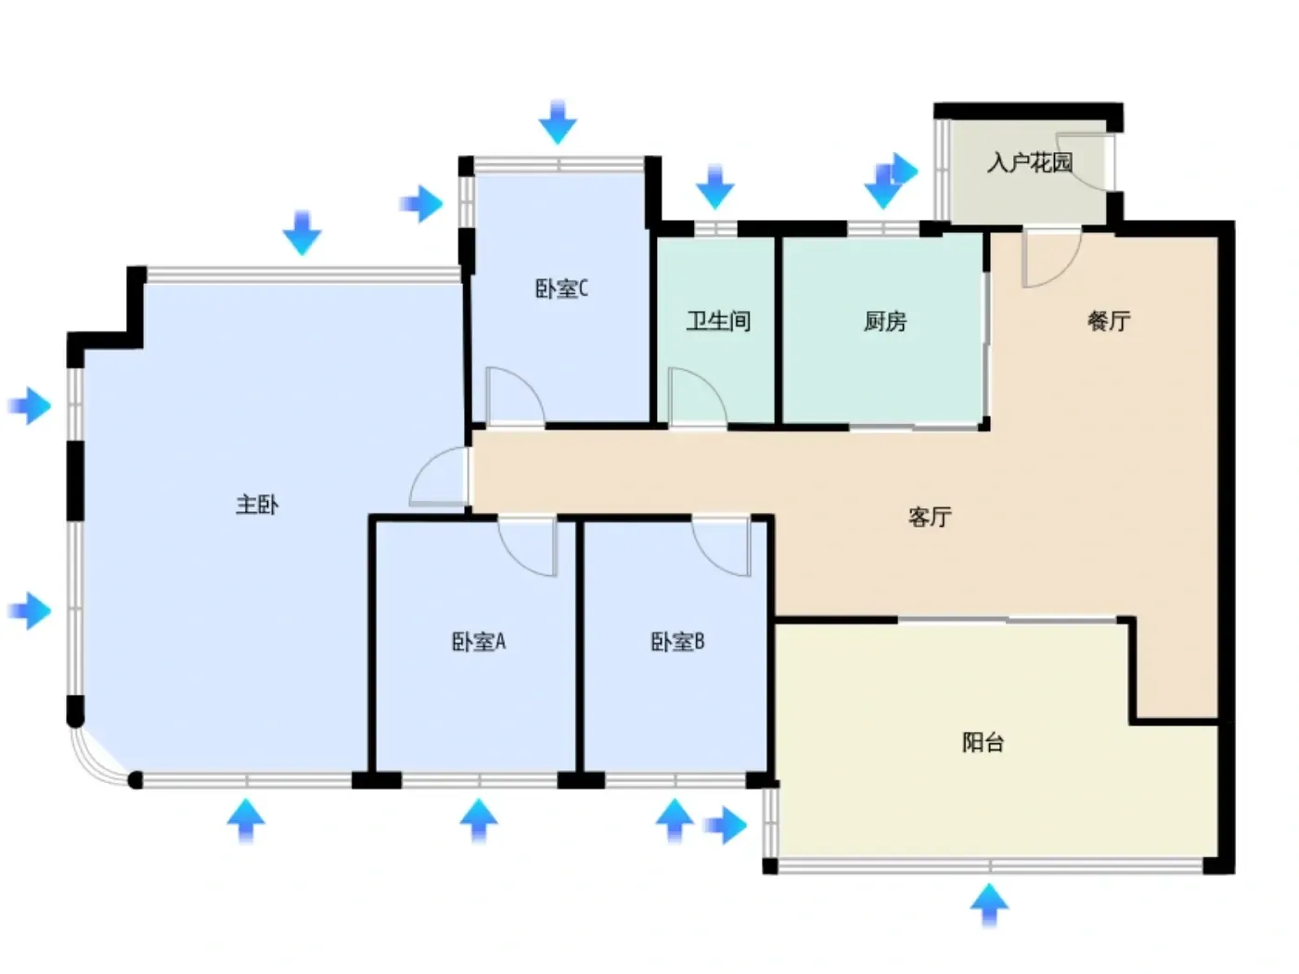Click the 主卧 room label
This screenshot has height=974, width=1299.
click(256, 505)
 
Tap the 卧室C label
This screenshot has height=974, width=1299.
click(560, 288)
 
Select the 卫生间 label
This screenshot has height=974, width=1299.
click(717, 321)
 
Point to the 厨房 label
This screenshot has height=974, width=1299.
click(884, 321)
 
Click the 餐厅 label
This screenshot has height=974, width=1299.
click(1108, 321)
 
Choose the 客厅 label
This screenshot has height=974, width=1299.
click(929, 517)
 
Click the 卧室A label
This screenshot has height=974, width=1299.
click(478, 641)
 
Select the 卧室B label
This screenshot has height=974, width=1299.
click(677, 641)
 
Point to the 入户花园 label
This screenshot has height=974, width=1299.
click(1029, 162)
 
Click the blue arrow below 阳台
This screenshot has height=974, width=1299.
click(988, 904)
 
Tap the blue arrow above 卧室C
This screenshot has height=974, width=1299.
click(557, 122)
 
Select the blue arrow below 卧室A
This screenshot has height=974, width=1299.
click(478, 819)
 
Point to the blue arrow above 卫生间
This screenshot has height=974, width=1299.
click(714, 186)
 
